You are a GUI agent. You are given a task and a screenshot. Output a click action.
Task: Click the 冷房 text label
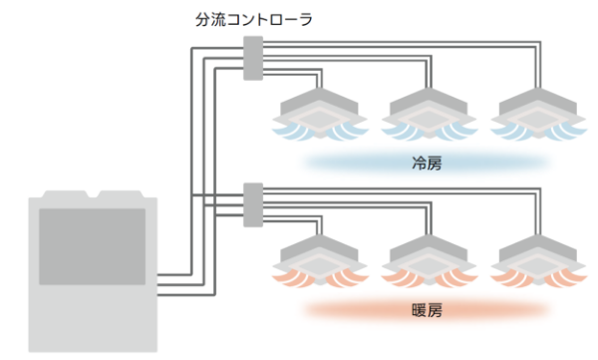pyautogui.click(x=426, y=161)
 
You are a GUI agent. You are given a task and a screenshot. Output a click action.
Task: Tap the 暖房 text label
pyautogui.click(x=426, y=309)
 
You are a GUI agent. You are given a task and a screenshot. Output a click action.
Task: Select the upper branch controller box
pyautogui.click(x=252, y=58)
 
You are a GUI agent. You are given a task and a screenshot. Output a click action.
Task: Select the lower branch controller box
pyautogui.click(x=252, y=204)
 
